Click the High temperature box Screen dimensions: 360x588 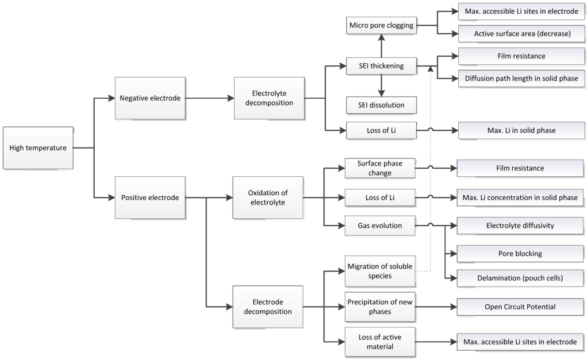[x=38, y=148]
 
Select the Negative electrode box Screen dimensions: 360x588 [x=150, y=98]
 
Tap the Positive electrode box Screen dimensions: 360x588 [x=150, y=198]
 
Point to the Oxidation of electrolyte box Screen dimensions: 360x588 [x=267, y=198]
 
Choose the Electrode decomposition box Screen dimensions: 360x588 [x=267, y=307]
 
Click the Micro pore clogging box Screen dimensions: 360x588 [x=381, y=25]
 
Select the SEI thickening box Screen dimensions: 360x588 [x=381, y=66]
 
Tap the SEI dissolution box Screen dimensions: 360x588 [x=381, y=105]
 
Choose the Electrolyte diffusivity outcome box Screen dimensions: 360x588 [x=520, y=226]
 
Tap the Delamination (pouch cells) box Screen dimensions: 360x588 [x=520, y=278]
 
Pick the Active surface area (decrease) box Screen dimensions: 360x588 [x=522, y=34]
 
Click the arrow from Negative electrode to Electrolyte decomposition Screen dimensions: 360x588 [x=210, y=98]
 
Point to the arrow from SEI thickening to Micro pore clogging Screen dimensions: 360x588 [x=381, y=45]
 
